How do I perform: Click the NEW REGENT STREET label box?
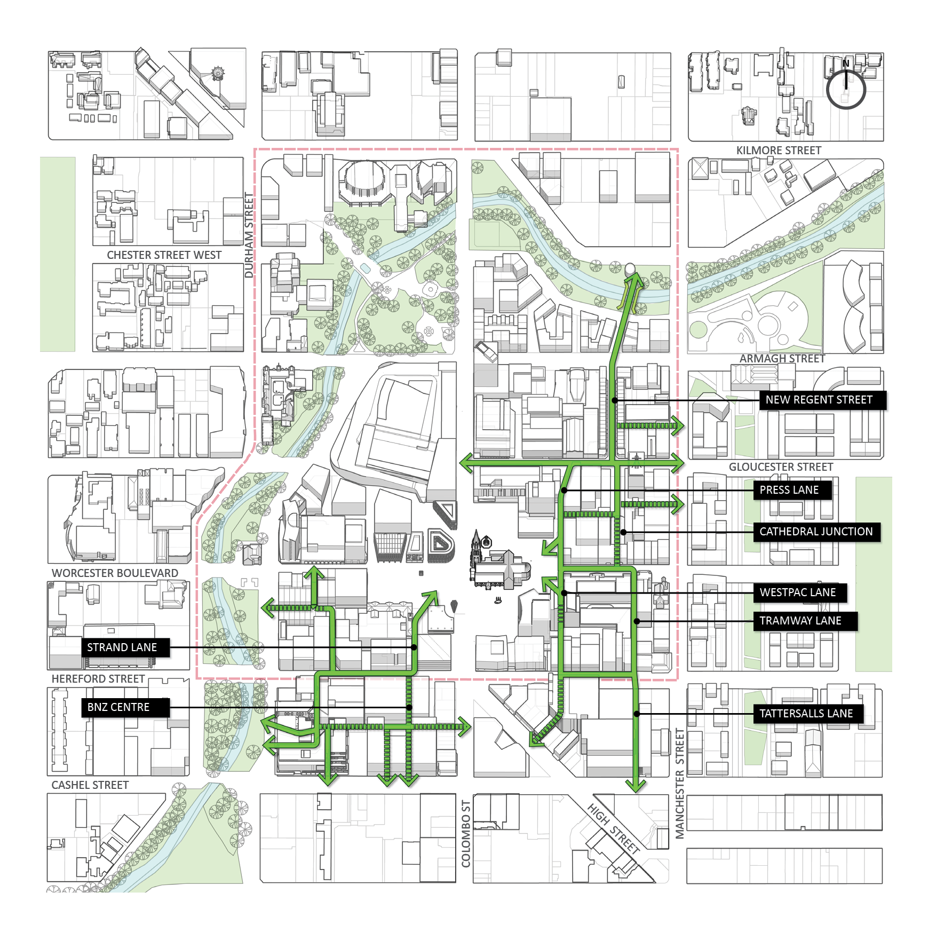[822, 400]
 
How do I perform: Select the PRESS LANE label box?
[792, 490]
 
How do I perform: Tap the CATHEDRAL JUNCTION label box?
[816, 532]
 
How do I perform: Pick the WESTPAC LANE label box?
[799, 592]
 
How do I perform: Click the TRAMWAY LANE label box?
[805, 621]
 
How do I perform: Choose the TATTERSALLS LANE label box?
[807, 714]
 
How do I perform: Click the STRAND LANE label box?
[125, 647]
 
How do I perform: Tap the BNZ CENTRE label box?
[125, 707]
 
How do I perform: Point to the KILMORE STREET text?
[779, 151]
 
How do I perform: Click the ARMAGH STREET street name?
[782, 359]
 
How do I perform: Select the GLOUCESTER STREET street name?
[781, 467]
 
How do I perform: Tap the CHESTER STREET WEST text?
[164, 255]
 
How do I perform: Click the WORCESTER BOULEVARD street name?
[115, 573]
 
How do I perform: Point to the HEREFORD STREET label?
[98, 679]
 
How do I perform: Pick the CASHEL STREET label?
[90, 785]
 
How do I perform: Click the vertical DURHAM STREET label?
[249, 235]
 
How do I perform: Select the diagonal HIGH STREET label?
[614, 828]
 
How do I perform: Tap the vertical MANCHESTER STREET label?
[679, 783]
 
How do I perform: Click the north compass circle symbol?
[846, 89]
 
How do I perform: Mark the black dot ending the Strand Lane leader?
[415, 647]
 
